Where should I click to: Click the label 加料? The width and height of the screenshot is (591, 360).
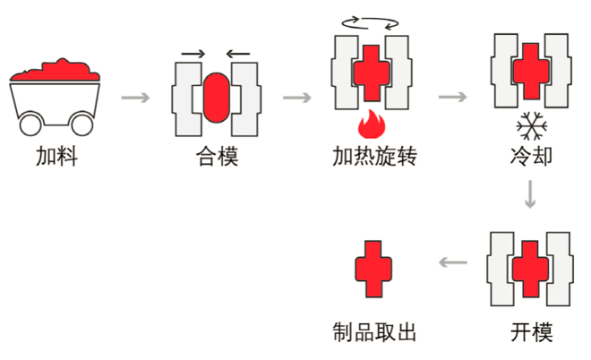(56, 159)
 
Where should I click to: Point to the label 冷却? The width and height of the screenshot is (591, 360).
(530, 159)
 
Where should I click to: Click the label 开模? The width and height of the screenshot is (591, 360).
(531, 332)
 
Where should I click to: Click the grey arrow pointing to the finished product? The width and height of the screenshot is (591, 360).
(453, 262)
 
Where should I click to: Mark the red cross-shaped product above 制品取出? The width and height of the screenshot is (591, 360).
(373, 266)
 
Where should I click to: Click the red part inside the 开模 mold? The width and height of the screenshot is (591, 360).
(530, 266)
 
